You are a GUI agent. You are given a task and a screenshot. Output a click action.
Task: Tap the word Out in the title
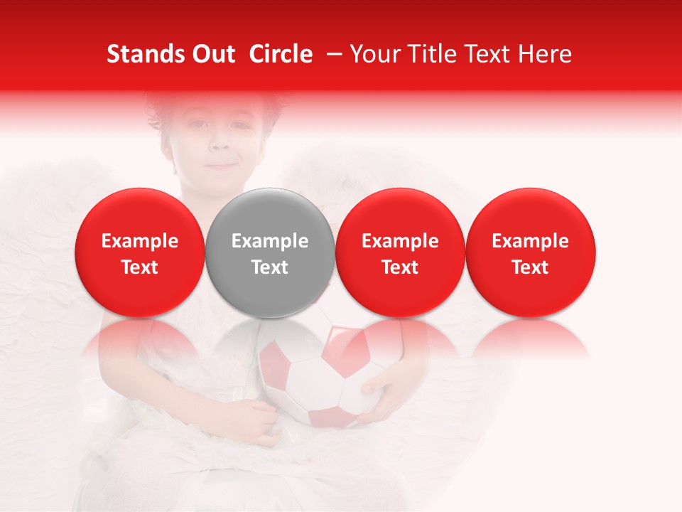pos(212,54)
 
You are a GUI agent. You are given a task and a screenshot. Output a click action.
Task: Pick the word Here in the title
pos(546,54)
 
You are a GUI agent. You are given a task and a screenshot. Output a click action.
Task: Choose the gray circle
pos(270,252)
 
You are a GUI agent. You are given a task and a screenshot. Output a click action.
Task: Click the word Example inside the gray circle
pos(270,241)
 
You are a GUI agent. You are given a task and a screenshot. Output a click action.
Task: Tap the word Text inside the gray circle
pos(270,267)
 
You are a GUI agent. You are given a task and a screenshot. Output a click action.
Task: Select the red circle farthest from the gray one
pos(531,252)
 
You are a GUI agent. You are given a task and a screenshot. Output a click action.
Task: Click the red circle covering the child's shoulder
pos(140,252)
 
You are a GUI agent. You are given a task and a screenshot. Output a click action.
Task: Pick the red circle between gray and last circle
pos(400,252)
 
